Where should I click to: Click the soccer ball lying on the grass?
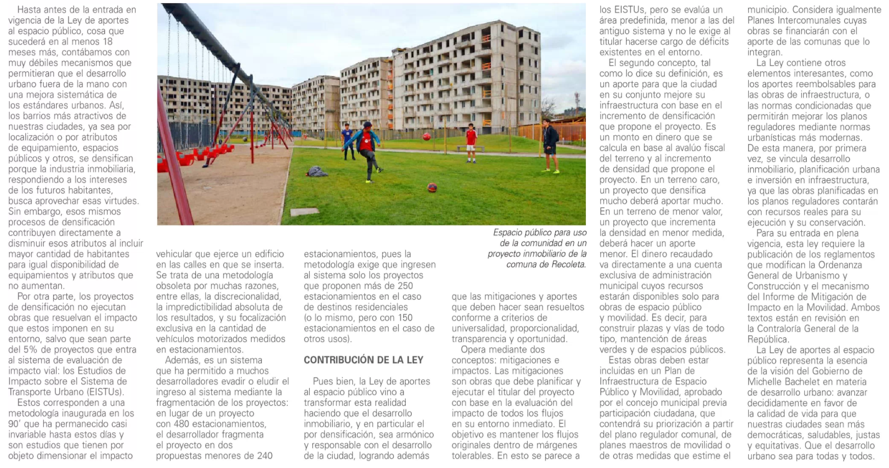pos(432,187)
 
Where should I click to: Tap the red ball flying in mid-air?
pos(426,137)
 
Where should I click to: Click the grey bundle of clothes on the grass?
pos(317,171)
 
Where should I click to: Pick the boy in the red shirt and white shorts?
pos(471,142)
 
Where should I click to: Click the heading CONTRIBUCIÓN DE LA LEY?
pos(363,360)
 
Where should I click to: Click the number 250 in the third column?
pos(405,286)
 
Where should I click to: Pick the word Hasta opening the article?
pos(29,10)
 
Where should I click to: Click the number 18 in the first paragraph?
pos(107,42)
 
